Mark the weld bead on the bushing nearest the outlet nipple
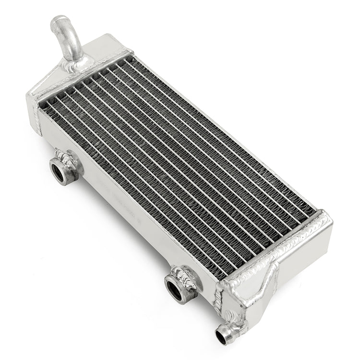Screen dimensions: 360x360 coord(186,276)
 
